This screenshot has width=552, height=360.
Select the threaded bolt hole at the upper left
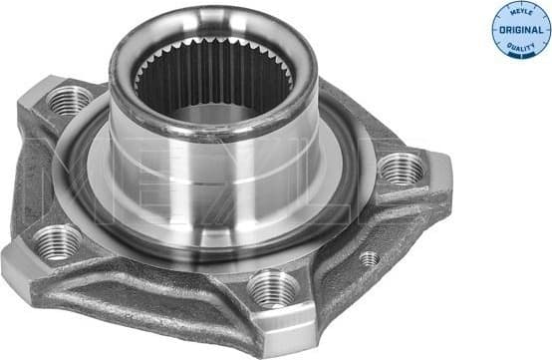click(x=69, y=99)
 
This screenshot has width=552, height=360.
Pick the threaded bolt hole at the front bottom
click(x=272, y=289)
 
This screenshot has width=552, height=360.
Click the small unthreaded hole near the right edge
click(x=369, y=259)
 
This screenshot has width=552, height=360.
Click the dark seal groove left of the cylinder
click(x=80, y=180)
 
